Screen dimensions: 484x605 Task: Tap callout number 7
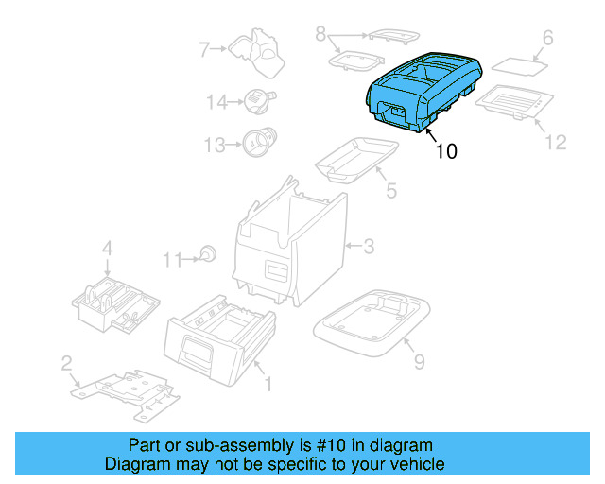pos(202,48)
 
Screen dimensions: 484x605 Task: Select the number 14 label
pos(217,101)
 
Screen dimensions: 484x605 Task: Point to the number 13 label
pos(216,145)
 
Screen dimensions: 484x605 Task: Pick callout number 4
pos(108,249)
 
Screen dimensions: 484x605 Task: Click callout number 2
pos(66,363)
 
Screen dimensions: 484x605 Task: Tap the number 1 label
pos(268,384)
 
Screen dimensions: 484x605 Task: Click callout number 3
pos(369,247)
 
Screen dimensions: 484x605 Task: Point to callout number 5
pos(390,191)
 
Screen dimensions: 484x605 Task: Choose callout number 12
pos(555,142)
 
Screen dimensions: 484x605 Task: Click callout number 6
pos(546,39)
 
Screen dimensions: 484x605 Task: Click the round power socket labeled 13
pos(255,143)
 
